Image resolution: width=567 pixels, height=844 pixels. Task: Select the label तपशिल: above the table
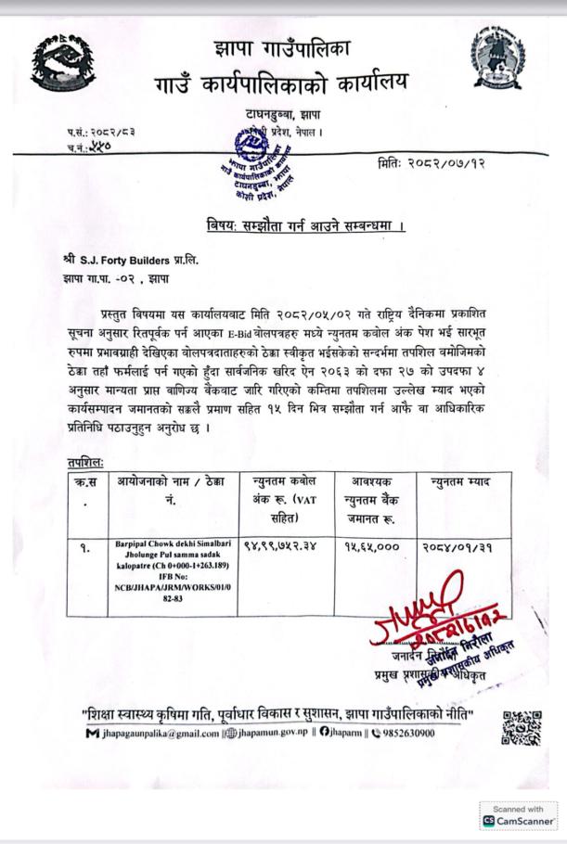click(85, 459)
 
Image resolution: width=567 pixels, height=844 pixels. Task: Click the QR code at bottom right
click(523, 729)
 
